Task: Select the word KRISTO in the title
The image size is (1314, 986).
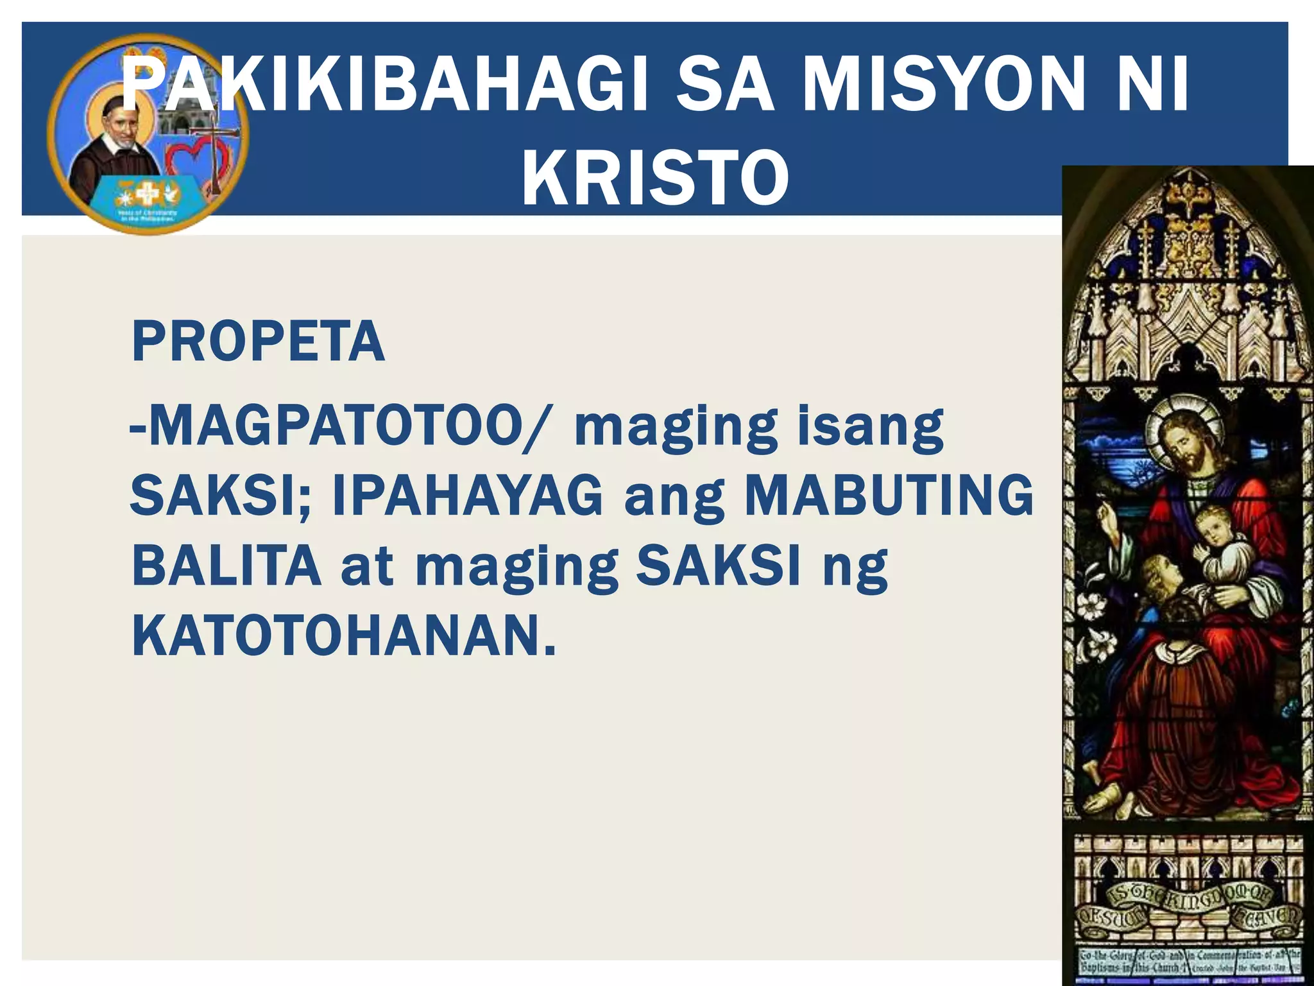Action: (x=655, y=177)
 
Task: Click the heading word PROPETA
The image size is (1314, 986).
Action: (x=258, y=342)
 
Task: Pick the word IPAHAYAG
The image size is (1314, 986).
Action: (x=468, y=496)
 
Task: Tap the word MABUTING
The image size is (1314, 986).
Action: (x=889, y=496)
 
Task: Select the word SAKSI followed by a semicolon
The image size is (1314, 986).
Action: (x=221, y=496)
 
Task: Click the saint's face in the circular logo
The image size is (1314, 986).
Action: (x=121, y=122)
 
